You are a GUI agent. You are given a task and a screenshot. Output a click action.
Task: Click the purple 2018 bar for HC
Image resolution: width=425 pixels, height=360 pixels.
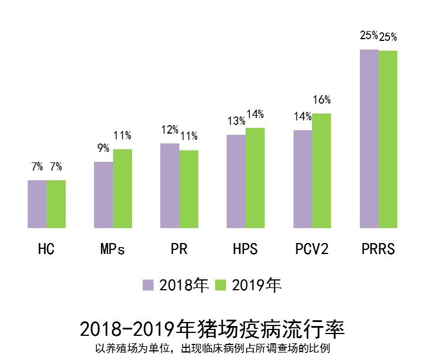(x=37, y=204)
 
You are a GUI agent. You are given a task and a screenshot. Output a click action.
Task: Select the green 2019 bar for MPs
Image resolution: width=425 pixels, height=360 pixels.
(x=122, y=188)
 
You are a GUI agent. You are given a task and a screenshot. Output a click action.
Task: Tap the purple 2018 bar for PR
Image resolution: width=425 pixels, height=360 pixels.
(x=170, y=185)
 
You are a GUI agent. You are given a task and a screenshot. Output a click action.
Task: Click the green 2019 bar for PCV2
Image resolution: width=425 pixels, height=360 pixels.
(x=322, y=170)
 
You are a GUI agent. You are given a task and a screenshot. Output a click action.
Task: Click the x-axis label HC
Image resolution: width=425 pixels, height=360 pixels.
(x=46, y=250)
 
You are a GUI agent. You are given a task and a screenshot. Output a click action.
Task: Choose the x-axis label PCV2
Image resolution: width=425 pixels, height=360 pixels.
(x=312, y=250)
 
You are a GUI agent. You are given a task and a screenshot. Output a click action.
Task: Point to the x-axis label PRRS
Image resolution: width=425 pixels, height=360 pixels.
(x=378, y=250)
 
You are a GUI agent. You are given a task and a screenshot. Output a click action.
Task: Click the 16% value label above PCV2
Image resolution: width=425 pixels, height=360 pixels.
(x=322, y=100)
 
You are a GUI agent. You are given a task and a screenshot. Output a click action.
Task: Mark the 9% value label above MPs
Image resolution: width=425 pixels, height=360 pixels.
(x=103, y=149)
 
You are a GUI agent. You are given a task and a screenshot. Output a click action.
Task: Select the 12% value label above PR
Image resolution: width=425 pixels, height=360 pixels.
(x=170, y=130)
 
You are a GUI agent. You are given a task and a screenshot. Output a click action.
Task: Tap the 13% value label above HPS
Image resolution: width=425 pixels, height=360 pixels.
(x=236, y=122)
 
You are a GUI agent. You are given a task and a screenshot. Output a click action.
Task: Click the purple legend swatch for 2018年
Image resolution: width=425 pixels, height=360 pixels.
(x=149, y=285)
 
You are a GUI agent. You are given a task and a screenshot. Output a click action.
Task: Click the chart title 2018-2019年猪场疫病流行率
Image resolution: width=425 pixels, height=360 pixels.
(x=212, y=329)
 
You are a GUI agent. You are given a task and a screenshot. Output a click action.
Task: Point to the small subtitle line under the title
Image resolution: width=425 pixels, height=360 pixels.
(x=212, y=348)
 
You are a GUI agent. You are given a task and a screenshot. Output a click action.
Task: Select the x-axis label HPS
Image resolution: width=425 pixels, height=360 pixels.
(x=246, y=250)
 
